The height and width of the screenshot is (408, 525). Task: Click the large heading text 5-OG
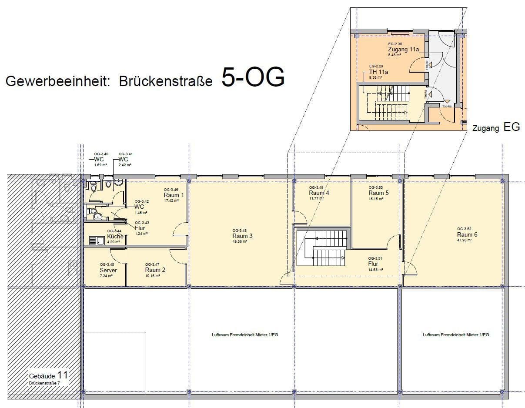(253, 77)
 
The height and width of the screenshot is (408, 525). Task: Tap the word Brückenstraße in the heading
(166, 82)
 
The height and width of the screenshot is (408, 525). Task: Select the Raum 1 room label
(174, 195)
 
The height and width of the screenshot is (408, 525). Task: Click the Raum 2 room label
(155, 270)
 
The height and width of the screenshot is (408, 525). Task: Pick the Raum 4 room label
(319, 193)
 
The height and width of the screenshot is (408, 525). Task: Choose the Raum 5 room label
(378, 193)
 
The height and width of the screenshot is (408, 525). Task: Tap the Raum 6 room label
(467, 234)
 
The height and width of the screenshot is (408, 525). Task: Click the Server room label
(108, 270)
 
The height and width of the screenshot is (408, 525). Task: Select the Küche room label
(115, 236)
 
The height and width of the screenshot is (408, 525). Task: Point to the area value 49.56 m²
(240, 241)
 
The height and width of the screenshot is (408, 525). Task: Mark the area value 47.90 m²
(465, 240)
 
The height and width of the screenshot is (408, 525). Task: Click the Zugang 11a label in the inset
(403, 49)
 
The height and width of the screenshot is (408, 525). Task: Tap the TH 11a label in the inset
(378, 72)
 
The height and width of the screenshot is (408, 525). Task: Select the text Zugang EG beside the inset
(496, 128)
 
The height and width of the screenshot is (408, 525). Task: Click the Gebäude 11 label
(48, 375)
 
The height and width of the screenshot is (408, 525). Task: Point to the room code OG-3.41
(125, 154)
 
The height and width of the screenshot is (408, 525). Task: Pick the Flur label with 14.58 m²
(373, 264)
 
